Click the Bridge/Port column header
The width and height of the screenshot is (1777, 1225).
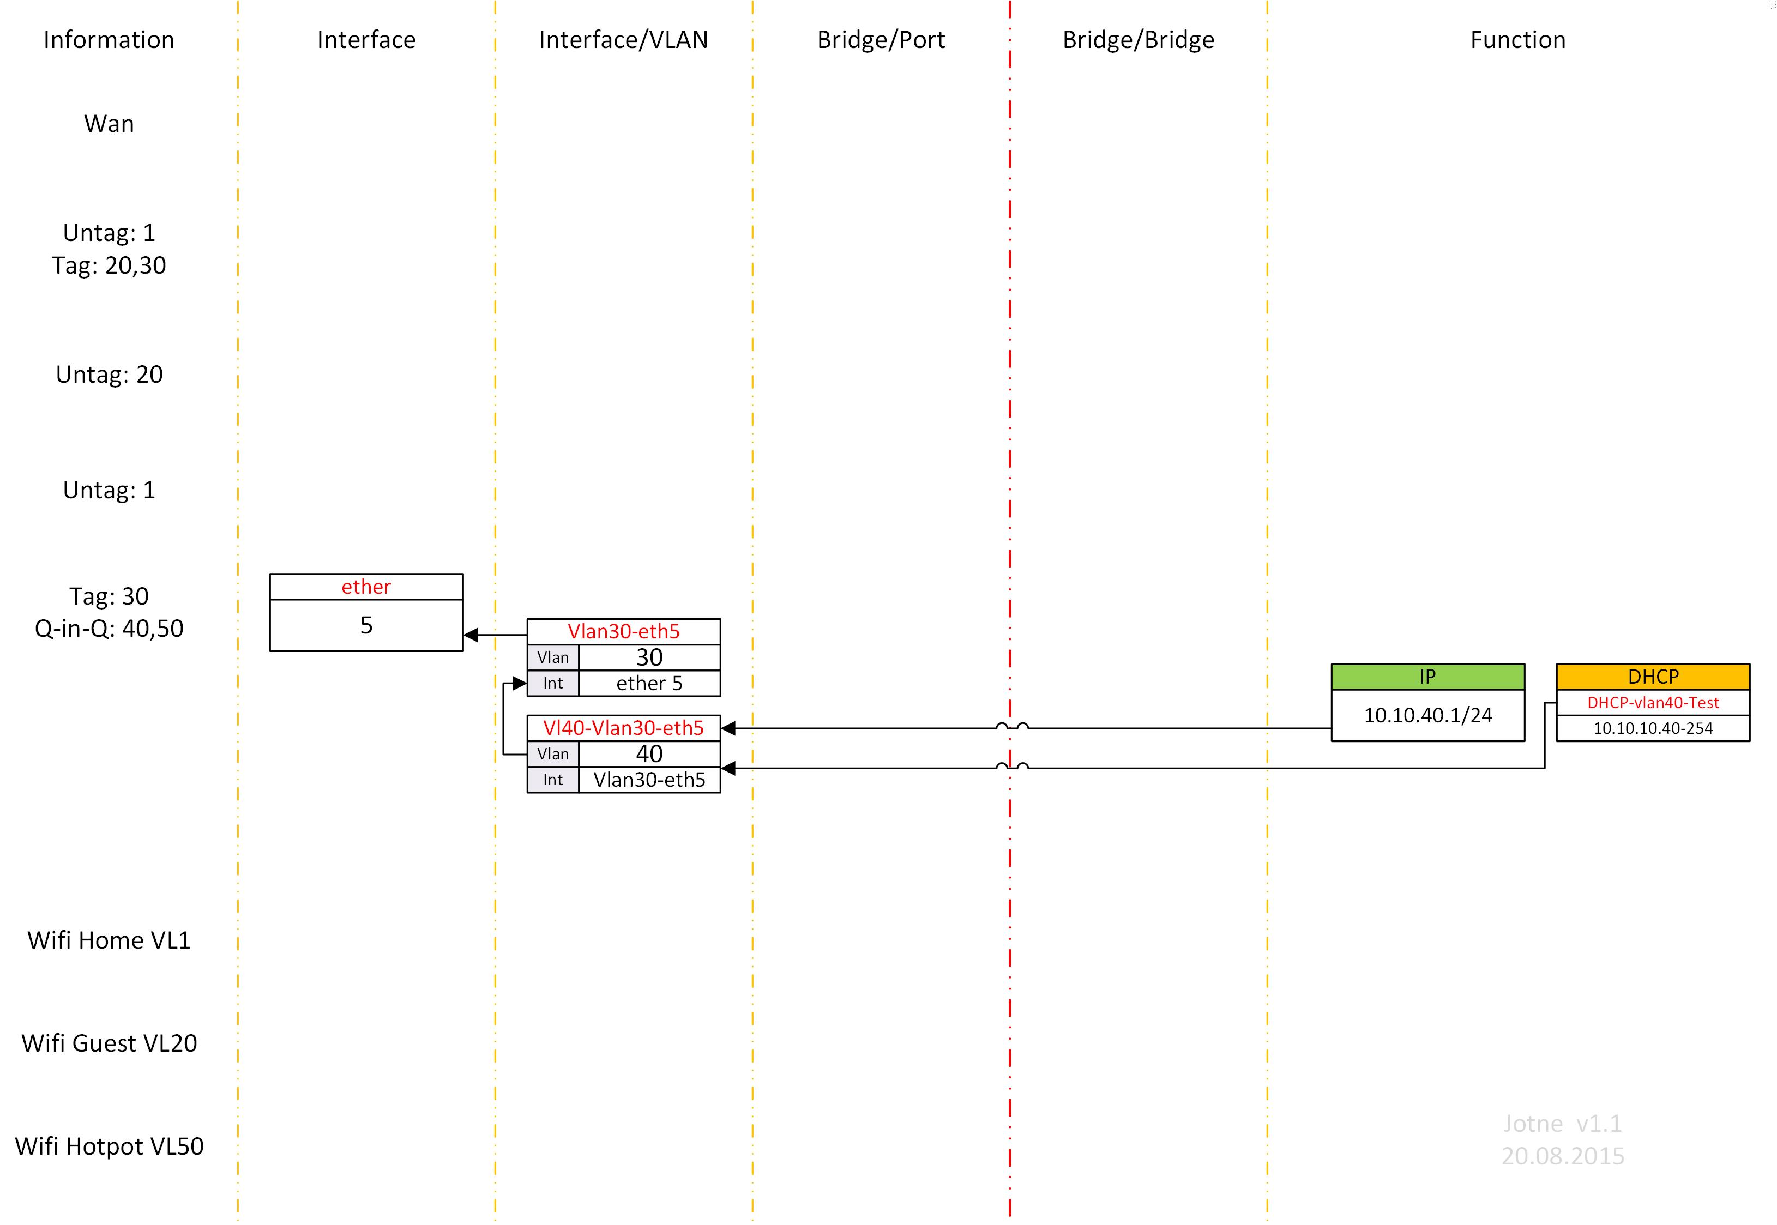click(881, 40)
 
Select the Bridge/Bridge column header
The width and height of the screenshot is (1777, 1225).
click(1137, 40)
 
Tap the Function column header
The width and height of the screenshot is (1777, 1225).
click(1517, 40)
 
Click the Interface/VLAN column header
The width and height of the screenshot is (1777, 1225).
click(623, 40)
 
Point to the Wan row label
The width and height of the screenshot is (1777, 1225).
click(109, 124)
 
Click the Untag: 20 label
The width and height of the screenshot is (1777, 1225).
click(109, 375)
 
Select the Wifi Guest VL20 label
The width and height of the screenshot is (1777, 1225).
click(109, 1043)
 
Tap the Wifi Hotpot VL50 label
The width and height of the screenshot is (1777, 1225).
click(109, 1146)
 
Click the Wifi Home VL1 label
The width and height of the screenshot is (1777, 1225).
click(109, 940)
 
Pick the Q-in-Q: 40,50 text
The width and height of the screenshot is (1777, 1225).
click(109, 629)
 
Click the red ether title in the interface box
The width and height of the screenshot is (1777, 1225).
click(366, 587)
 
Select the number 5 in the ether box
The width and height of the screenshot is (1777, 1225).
click(366, 625)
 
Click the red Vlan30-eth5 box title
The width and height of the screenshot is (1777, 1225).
click(623, 632)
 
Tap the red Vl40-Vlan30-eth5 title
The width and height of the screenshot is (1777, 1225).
click(623, 728)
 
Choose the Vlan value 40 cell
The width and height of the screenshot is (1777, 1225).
click(649, 754)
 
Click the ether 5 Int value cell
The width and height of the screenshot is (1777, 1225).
click(649, 683)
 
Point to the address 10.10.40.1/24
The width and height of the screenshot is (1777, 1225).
click(1427, 715)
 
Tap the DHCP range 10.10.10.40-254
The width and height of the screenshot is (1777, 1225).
click(1653, 728)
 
